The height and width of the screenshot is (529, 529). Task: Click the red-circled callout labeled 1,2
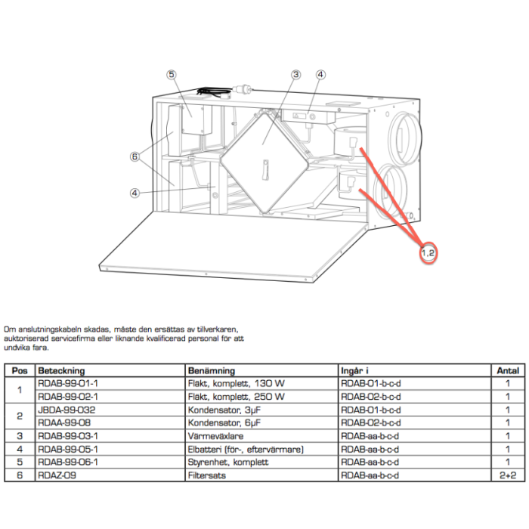[428, 252]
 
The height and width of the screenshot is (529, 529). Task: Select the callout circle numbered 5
[172, 75]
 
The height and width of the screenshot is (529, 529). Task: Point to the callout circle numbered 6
[134, 157]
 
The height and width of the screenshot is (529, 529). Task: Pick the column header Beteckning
[61, 371]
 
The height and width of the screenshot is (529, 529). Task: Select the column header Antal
[507, 371]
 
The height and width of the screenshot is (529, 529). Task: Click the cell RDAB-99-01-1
[68, 384]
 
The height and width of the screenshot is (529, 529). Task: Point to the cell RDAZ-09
[57, 475]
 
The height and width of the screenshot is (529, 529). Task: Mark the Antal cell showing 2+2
[507, 475]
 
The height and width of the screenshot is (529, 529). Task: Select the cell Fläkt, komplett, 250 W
[235, 397]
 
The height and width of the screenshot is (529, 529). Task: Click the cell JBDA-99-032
[67, 410]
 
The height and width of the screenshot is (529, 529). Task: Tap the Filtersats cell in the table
[206, 475]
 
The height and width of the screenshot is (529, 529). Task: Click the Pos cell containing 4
[20, 449]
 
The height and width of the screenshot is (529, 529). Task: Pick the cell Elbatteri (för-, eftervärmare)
[245, 449]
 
